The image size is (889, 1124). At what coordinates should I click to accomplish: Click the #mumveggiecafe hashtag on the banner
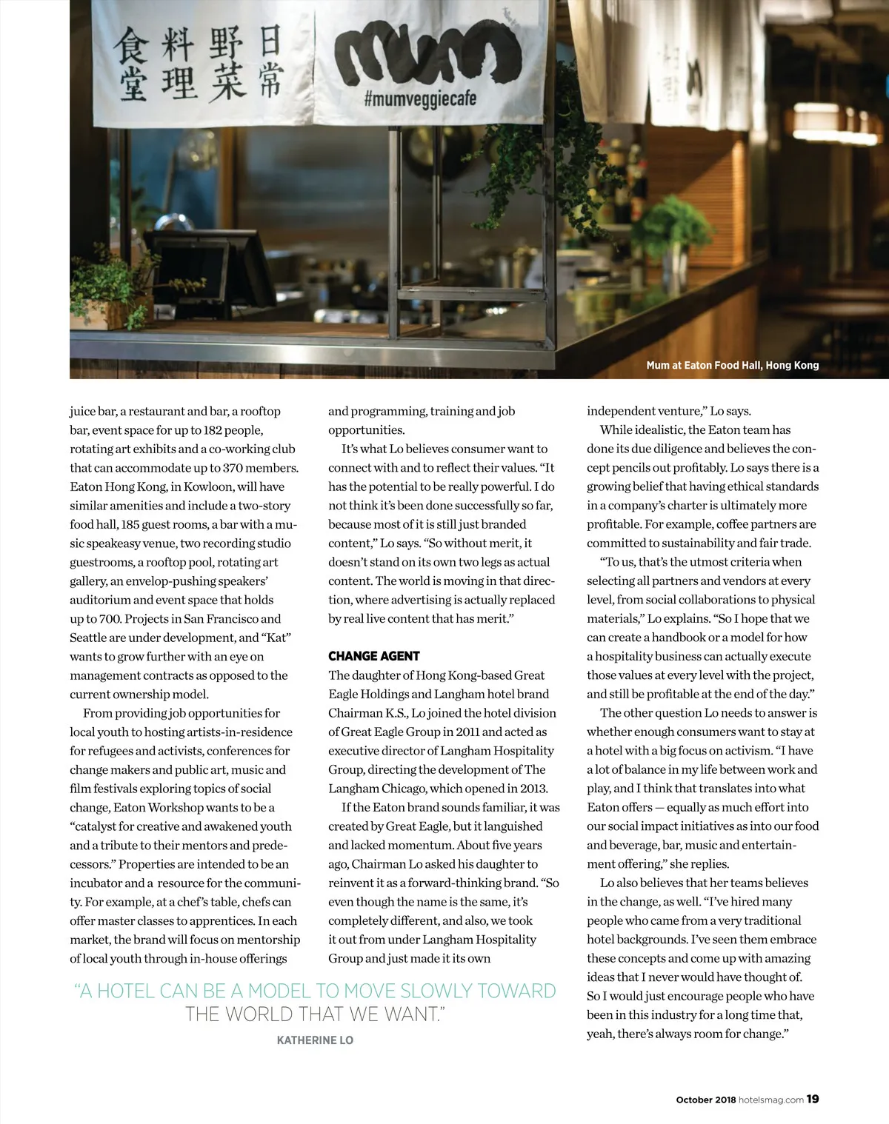(x=419, y=99)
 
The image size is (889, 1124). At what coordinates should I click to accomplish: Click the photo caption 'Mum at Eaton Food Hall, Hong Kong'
(x=732, y=365)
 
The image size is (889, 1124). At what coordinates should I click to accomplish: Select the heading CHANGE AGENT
(x=373, y=656)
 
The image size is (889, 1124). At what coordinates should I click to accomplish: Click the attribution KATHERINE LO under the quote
(x=315, y=1040)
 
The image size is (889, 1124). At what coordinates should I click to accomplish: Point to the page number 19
(x=813, y=1100)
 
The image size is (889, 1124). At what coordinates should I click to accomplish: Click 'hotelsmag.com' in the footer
(x=771, y=1100)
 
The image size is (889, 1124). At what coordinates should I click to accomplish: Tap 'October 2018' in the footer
(x=705, y=1100)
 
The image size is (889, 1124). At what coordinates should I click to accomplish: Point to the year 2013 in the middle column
(x=533, y=789)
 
